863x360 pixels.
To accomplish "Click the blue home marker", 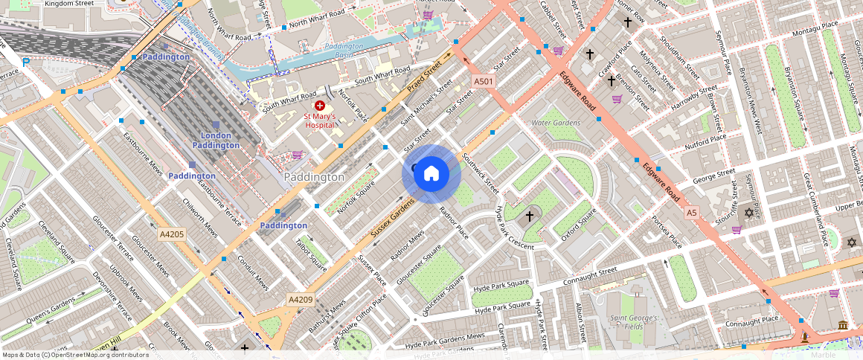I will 431,174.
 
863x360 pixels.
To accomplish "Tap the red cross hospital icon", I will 320,106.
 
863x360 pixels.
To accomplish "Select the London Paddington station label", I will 216,140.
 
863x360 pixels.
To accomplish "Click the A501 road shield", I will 484,81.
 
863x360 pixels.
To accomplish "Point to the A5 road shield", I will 692,213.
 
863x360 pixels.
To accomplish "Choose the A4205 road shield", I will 171,234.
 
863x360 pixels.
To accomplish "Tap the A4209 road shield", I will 301,300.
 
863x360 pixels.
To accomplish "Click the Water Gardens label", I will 555,123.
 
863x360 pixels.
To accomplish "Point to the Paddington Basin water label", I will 344,51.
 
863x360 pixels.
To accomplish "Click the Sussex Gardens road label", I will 393,219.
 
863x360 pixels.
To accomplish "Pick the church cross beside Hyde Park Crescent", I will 530,216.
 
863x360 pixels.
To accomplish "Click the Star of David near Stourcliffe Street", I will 748,213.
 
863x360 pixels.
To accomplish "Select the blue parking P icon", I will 27,62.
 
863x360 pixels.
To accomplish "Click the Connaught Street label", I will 590,275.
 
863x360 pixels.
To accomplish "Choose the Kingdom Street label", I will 69,4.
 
